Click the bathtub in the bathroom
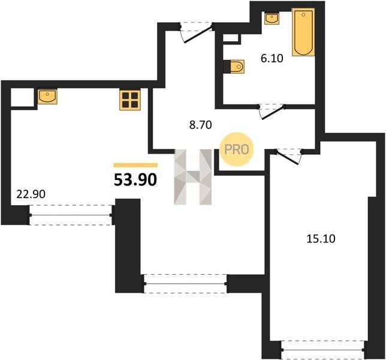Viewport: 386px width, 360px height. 303,32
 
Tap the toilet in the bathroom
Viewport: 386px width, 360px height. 237,66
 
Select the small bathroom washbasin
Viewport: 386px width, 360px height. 272,19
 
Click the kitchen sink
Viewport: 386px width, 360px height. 47,97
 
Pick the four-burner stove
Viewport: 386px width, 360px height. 130,100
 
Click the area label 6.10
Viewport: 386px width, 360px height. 272,59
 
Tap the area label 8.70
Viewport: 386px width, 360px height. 200,125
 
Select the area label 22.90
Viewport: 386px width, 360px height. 31,194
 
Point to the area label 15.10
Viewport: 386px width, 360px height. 321,239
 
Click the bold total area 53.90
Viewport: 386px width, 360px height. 135,179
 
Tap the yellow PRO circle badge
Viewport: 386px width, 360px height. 237,149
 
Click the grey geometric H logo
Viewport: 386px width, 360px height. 193,177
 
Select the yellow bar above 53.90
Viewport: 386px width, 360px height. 135,165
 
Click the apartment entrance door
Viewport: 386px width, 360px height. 197,32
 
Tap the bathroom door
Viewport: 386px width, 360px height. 272,112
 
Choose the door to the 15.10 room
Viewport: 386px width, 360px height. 288,156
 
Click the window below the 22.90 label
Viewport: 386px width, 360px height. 71,215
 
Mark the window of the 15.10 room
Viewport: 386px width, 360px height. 322,349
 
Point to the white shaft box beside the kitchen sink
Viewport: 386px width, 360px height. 22,97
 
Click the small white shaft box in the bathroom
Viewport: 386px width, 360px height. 231,38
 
